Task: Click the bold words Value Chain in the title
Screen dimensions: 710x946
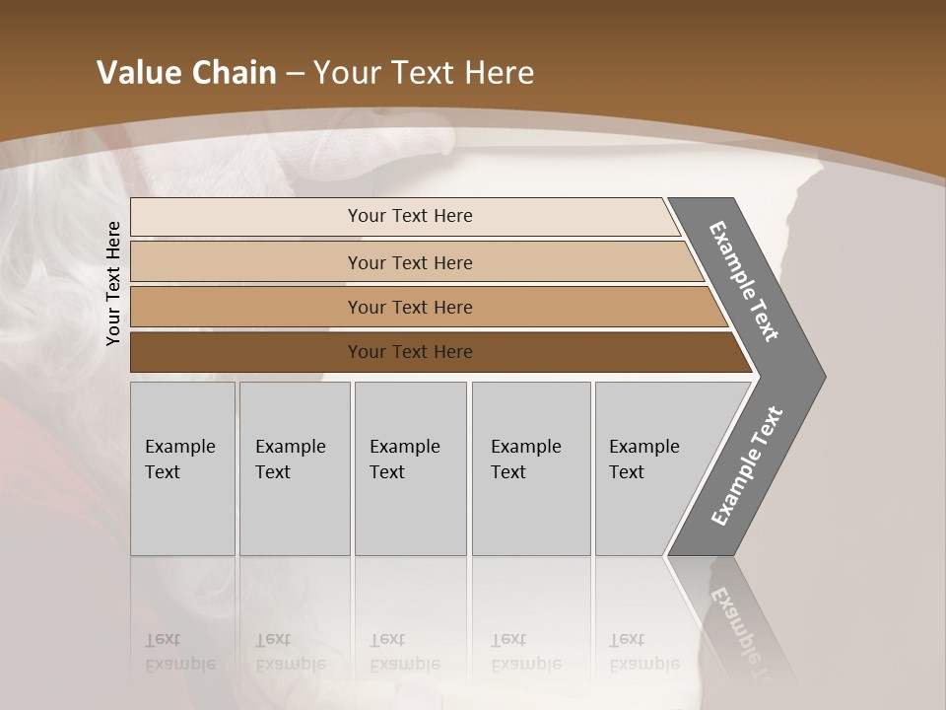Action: (186, 73)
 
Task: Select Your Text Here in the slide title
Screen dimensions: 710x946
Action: (424, 73)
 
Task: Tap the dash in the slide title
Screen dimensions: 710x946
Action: (295, 74)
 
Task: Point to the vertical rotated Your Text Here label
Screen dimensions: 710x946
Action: (113, 284)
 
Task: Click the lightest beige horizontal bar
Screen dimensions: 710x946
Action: (404, 216)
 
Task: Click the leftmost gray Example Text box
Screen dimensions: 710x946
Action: (182, 468)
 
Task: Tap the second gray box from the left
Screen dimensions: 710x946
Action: (295, 468)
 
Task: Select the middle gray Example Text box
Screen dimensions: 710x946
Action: (410, 468)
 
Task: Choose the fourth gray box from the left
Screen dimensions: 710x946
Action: (531, 468)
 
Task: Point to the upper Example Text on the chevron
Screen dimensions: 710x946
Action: (744, 281)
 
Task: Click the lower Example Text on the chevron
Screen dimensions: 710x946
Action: (747, 466)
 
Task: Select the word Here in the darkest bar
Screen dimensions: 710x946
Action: (451, 352)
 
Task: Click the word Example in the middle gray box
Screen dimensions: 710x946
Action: (404, 447)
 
